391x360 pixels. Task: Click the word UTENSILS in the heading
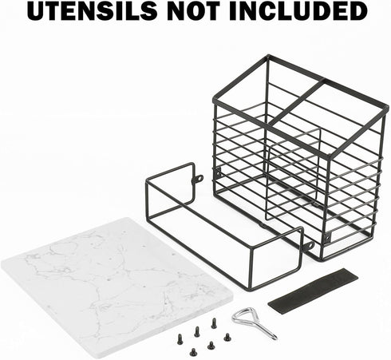(x=92, y=11)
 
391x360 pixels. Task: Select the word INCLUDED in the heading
(x=298, y=11)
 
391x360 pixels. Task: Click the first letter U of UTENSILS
(x=37, y=11)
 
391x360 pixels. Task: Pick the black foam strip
(x=313, y=288)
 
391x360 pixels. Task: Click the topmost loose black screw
(x=214, y=322)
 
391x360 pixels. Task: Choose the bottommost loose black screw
(x=193, y=352)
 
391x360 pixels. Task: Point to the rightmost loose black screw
(x=227, y=337)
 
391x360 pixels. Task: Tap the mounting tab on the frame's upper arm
(x=198, y=179)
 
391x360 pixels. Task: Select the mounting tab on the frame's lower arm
(x=309, y=245)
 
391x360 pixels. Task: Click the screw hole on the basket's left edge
(x=219, y=173)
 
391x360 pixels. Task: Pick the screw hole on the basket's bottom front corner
(x=329, y=236)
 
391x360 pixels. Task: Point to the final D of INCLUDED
(x=358, y=11)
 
